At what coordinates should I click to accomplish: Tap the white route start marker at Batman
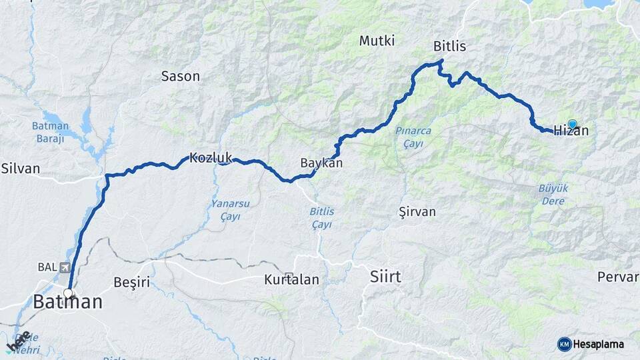click(68, 293)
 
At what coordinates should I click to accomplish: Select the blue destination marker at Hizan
click(572, 124)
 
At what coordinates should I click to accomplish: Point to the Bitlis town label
click(449, 47)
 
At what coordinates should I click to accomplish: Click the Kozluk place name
click(211, 158)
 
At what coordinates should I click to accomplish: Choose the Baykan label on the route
click(321, 163)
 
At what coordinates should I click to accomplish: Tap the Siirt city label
click(385, 276)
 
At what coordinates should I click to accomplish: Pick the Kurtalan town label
click(291, 279)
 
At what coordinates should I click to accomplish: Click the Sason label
click(181, 76)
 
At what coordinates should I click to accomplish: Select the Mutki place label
click(377, 41)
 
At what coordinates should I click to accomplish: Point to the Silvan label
click(20, 168)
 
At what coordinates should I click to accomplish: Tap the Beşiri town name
click(132, 283)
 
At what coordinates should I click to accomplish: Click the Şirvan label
click(417, 212)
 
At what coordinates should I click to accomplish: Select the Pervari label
click(618, 276)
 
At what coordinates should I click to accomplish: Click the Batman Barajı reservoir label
click(50, 132)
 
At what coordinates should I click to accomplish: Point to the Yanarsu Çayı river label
click(225, 211)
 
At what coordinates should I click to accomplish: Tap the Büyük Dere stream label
click(553, 195)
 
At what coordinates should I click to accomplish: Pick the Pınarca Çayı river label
click(413, 137)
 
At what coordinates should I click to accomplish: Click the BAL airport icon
click(64, 267)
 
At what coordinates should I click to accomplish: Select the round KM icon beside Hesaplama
click(564, 344)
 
